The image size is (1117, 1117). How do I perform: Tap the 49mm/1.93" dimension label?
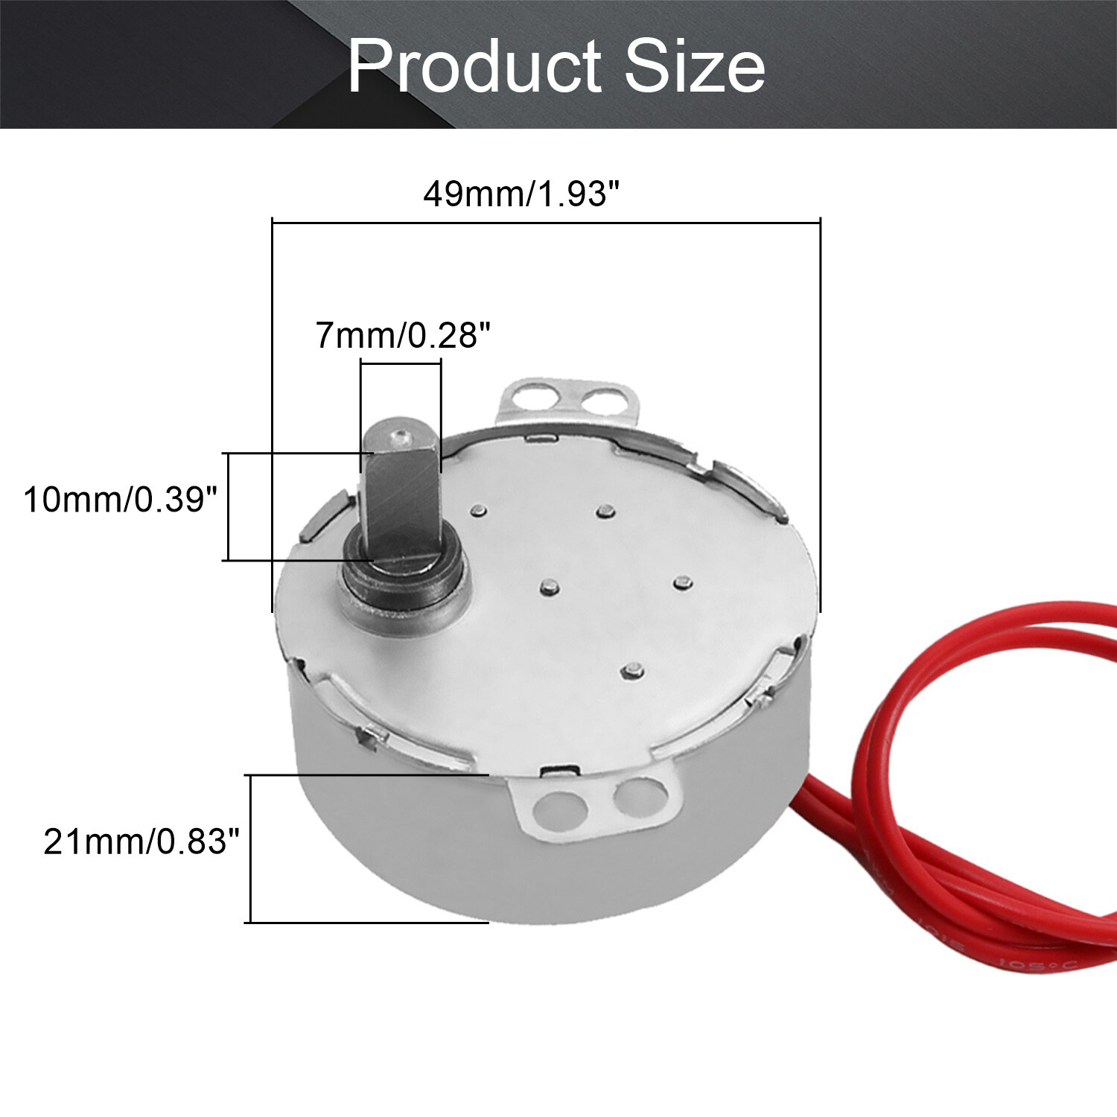click(521, 194)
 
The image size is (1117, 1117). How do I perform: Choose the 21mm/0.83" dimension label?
click(141, 842)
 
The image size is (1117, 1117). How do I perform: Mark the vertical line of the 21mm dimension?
click(251, 849)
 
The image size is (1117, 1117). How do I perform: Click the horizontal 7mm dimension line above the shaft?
click(401, 362)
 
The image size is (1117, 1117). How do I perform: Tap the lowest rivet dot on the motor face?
click(632, 669)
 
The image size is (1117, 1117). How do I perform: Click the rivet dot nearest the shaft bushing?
click(549, 587)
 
